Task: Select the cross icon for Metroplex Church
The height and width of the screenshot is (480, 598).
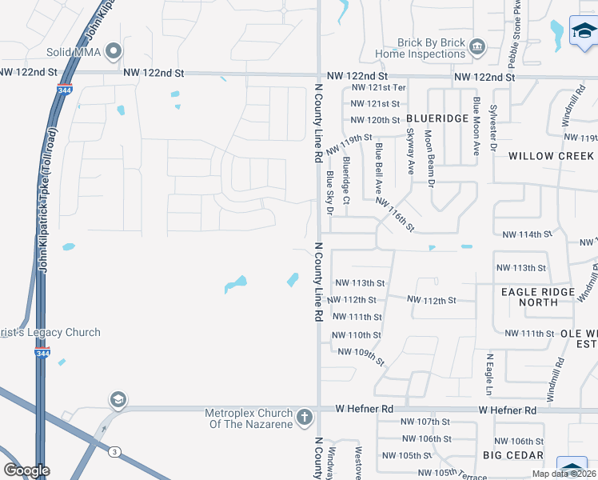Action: (304, 417)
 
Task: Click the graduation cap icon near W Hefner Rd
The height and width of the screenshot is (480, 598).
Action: (118, 400)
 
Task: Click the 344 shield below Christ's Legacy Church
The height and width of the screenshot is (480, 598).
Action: (43, 353)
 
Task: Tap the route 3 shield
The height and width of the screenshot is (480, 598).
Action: (114, 452)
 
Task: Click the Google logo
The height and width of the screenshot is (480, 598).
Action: (26, 470)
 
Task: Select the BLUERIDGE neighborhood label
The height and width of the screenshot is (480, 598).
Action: (437, 118)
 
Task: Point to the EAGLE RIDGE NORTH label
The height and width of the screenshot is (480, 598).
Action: (538, 297)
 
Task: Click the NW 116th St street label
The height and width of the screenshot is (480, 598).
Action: (395, 214)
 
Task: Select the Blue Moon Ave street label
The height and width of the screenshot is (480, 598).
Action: (476, 121)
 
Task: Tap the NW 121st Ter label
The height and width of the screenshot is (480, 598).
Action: (378, 87)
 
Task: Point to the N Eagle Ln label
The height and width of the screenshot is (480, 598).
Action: (490, 374)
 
